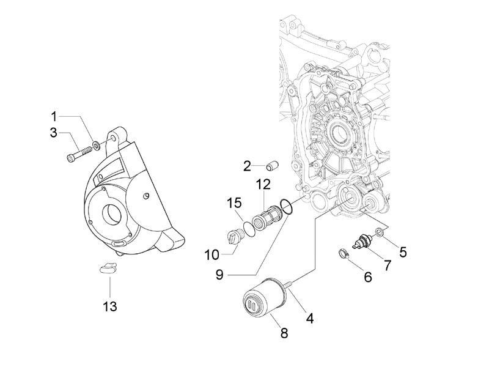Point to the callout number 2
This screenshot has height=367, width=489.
247,166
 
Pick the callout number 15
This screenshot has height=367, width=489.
235,202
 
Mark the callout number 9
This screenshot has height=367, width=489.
219,275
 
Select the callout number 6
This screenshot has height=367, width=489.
367,276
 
